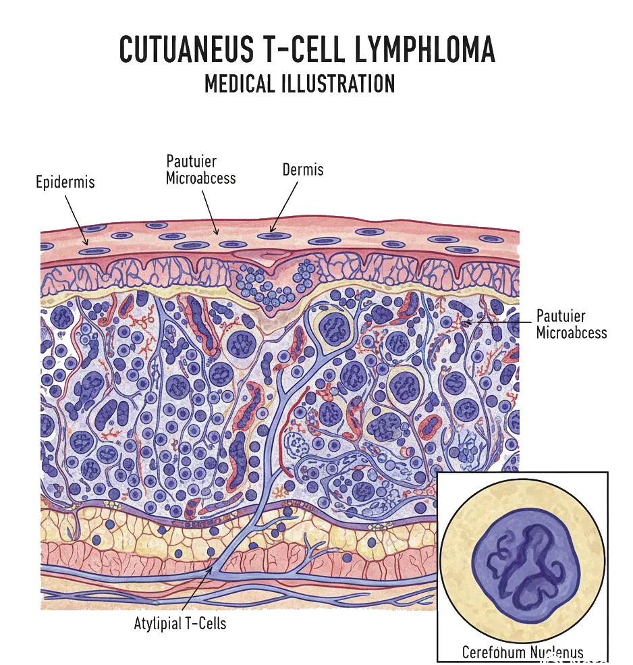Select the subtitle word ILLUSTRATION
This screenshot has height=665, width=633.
click(337, 84)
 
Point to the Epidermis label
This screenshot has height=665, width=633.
click(65, 182)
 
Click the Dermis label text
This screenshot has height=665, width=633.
click(303, 169)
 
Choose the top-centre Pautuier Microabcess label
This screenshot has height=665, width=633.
click(200, 170)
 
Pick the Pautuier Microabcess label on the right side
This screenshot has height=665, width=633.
click(571, 324)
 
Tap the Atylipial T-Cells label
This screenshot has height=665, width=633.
click(180, 623)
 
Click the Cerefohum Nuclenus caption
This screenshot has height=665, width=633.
click(523, 652)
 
